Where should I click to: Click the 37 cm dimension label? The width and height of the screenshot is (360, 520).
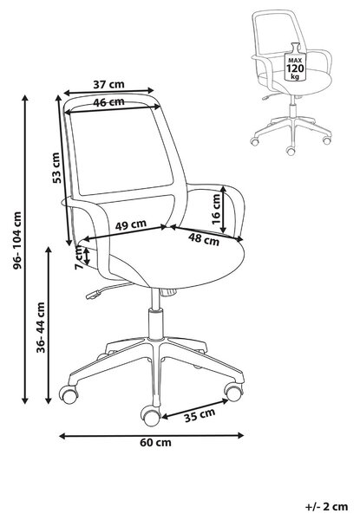(x=108, y=84)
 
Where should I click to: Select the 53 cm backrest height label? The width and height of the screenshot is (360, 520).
(x=56, y=168)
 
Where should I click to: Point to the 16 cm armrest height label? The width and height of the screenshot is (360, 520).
(x=216, y=209)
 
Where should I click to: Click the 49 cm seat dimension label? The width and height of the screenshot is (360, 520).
(x=131, y=224)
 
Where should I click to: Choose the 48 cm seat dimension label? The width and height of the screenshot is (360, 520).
(x=204, y=239)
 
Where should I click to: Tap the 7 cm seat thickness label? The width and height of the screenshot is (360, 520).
(x=80, y=257)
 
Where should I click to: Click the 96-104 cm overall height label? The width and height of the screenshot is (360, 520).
(x=17, y=240)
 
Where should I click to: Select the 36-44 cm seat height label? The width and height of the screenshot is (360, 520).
(x=41, y=328)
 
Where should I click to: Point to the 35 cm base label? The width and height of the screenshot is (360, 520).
(x=200, y=415)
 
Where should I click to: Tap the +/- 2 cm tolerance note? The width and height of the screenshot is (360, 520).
(x=326, y=506)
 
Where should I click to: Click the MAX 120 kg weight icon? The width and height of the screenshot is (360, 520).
(x=295, y=62)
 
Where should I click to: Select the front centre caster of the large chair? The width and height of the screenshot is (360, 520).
(x=150, y=416)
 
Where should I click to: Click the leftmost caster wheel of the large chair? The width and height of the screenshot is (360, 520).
(x=69, y=394)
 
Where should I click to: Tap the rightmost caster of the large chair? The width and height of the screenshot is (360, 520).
(x=234, y=392)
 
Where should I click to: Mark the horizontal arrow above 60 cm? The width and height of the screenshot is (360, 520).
(x=151, y=435)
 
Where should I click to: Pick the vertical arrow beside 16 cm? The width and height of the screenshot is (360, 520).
(x=223, y=209)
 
